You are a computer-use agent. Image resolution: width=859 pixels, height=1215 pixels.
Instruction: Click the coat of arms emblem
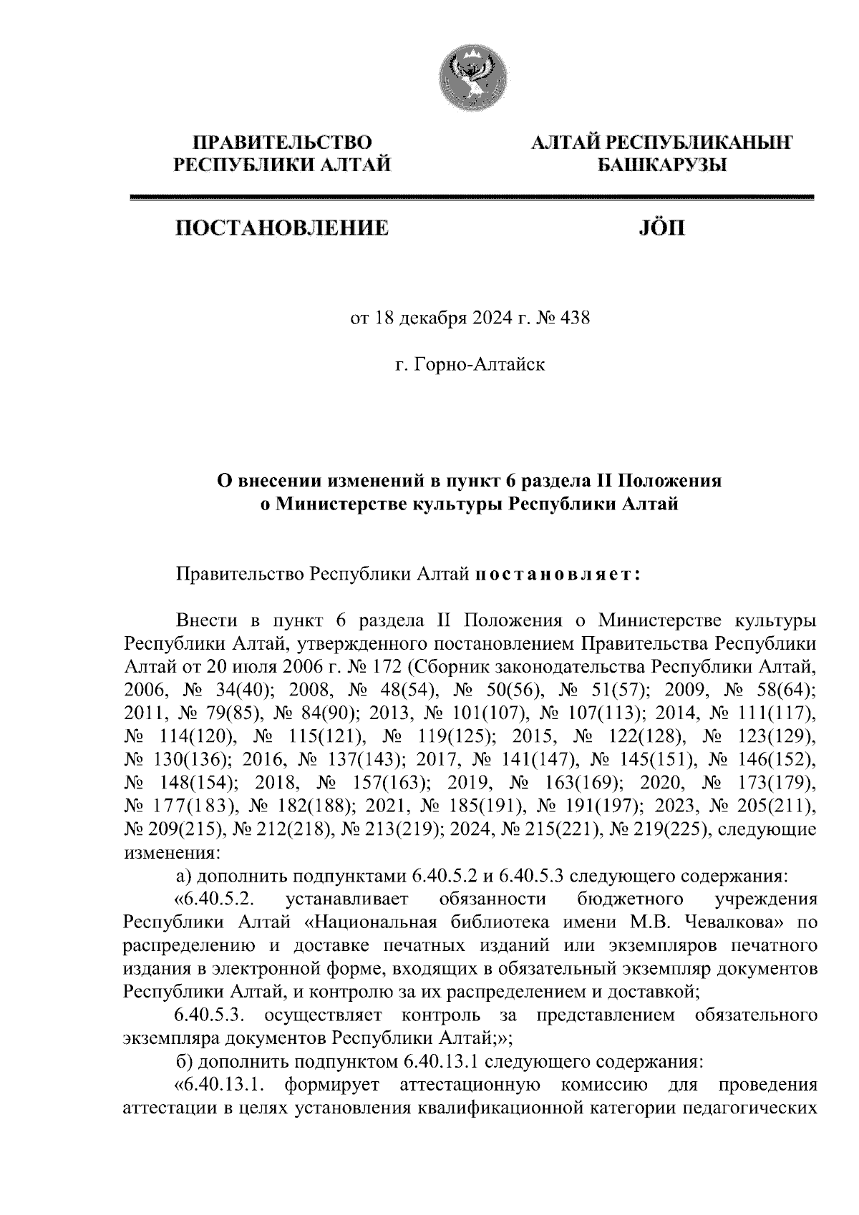471,77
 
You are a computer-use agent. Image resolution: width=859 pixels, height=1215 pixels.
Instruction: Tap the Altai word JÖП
660,229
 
